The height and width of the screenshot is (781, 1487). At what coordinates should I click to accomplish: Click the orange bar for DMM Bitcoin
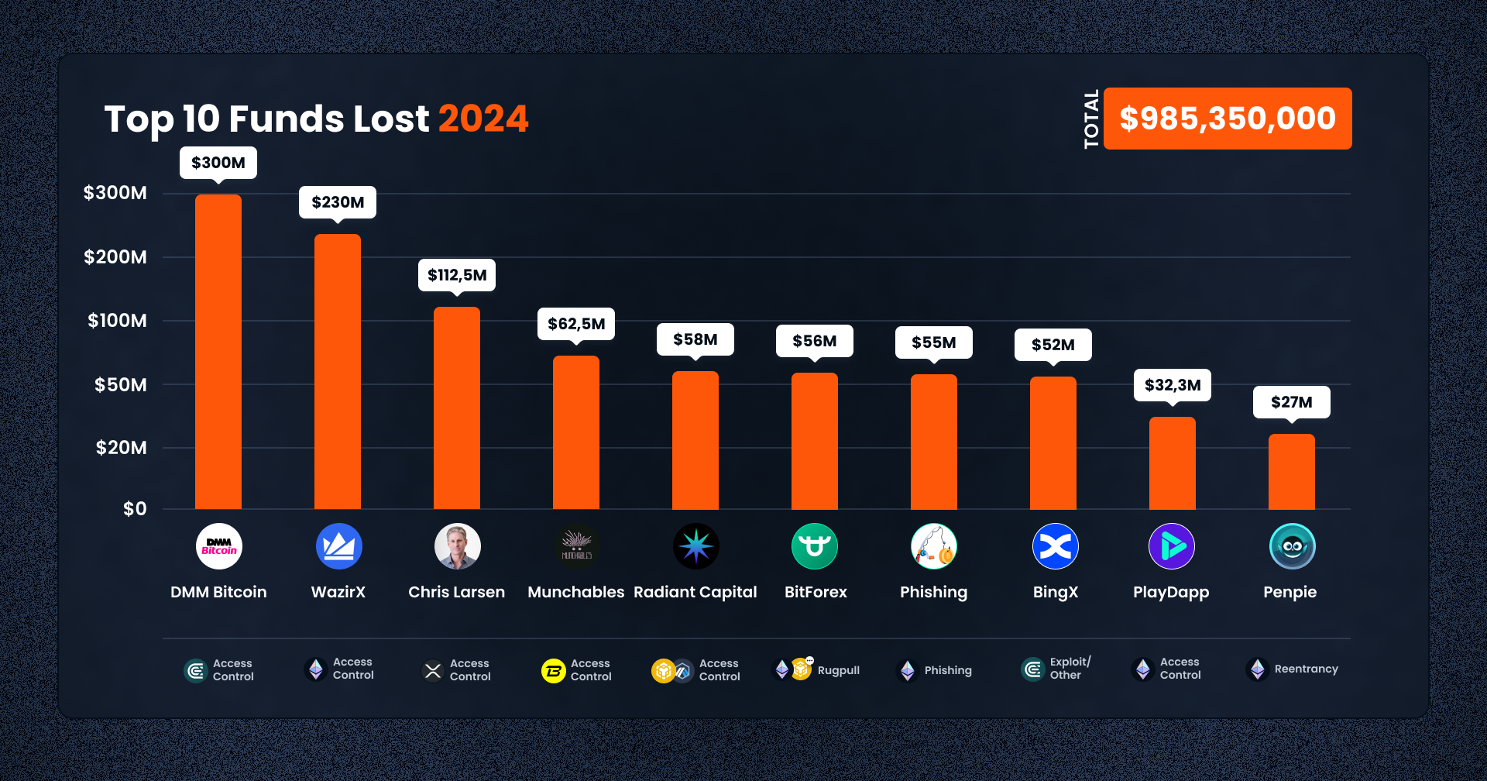pyautogui.click(x=218, y=352)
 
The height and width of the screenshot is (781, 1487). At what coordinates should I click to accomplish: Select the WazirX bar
pyautogui.click(x=338, y=372)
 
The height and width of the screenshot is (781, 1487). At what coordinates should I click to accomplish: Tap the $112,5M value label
pyautogui.click(x=457, y=275)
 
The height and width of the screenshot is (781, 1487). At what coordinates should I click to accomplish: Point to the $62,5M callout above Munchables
pyautogui.click(x=576, y=324)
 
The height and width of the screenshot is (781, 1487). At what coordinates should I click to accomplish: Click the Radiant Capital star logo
pyautogui.click(x=695, y=546)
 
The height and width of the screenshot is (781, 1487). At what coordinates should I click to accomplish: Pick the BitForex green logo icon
pyautogui.click(x=815, y=546)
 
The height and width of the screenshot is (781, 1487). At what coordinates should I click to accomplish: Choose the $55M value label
pyautogui.click(x=933, y=342)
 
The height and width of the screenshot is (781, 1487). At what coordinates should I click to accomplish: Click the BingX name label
pyautogui.click(x=1055, y=592)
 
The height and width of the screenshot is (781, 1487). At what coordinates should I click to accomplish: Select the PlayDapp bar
pyautogui.click(x=1172, y=463)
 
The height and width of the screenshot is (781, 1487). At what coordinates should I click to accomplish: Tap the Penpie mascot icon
pyautogui.click(x=1292, y=546)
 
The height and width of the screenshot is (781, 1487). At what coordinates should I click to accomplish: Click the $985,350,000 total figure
pyautogui.click(x=1228, y=119)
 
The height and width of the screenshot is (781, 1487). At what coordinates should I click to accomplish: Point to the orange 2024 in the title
pyautogui.click(x=483, y=119)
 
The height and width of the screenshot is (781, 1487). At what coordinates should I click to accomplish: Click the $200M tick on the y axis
pyautogui.click(x=115, y=257)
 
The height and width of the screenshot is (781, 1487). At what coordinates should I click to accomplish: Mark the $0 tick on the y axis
pyautogui.click(x=135, y=509)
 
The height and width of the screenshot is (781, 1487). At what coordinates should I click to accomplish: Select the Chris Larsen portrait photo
pyautogui.click(x=457, y=546)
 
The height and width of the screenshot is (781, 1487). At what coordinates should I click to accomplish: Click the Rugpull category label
pyautogui.click(x=838, y=670)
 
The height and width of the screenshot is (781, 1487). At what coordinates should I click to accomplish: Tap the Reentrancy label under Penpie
pyautogui.click(x=1306, y=669)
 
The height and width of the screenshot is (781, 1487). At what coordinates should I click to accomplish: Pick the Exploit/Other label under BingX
pyautogui.click(x=1070, y=668)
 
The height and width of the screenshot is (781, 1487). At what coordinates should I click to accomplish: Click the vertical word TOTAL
pyautogui.click(x=1091, y=119)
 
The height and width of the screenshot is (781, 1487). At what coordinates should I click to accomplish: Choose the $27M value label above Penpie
pyautogui.click(x=1291, y=402)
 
